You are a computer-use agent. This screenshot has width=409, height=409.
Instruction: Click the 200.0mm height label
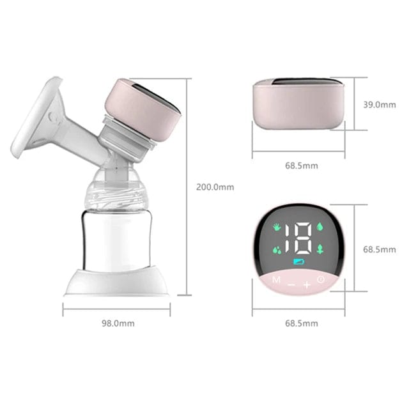[x=215, y=187]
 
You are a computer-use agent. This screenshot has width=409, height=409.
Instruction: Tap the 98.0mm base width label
[x=118, y=323]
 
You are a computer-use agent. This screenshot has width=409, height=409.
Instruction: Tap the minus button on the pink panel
[x=291, y=283]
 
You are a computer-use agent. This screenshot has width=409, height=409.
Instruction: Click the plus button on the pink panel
[x=306, y=283]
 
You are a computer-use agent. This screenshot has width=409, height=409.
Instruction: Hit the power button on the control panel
[x=321, y=279]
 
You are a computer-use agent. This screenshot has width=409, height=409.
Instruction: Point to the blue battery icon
[x=298, y=263]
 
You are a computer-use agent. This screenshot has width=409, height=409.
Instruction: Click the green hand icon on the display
[x=277, y=228]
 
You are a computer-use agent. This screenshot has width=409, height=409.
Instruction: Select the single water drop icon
[x=320, y=227]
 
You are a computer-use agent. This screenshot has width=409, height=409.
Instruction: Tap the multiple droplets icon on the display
[x=277, y=250]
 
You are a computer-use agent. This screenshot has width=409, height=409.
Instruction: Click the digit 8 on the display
[x=304, y=238]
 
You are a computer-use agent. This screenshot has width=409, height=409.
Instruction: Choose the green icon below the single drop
[x=320, y=249]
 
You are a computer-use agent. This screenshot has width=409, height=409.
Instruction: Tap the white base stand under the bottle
[x=118, y=283]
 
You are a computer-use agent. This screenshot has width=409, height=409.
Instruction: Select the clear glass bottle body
[x=118, y=240]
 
